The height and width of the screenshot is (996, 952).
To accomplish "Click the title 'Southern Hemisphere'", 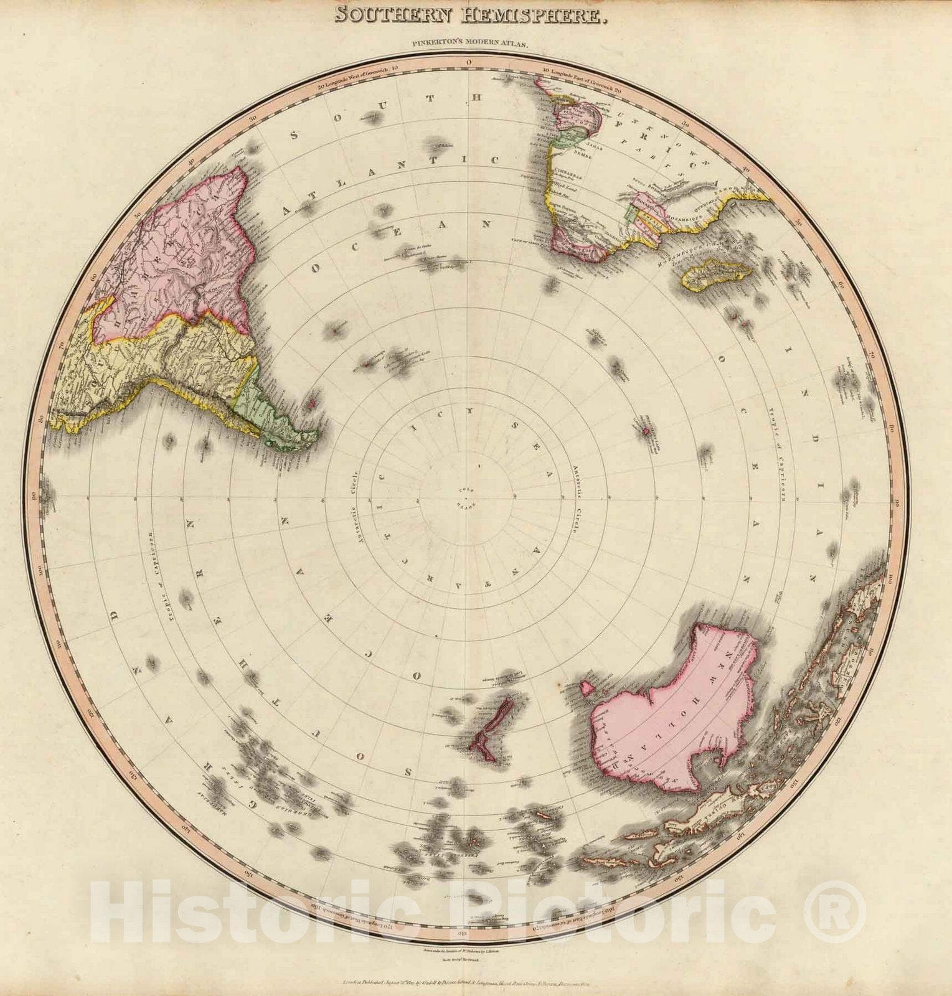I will coord(469,14).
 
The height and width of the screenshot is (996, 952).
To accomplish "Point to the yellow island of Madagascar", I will coord(716,275).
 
